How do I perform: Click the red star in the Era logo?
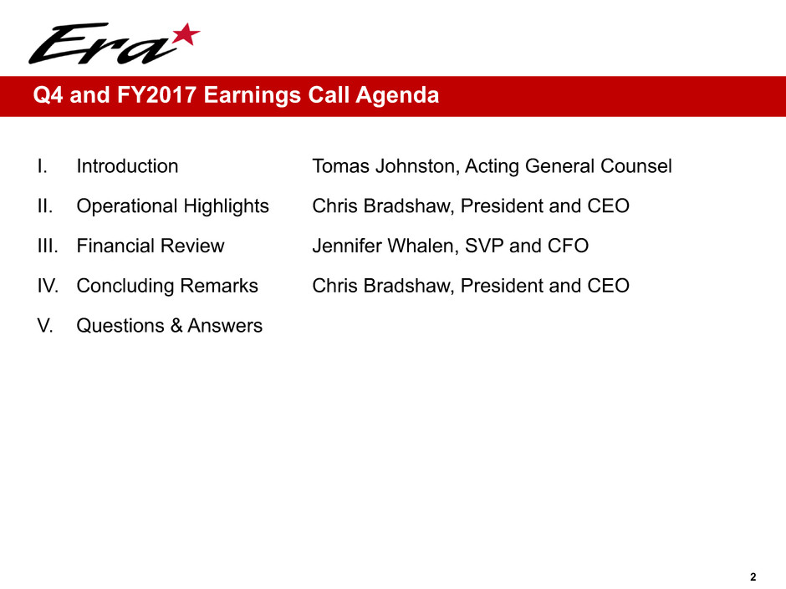(186, 34)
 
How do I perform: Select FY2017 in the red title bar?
(156, 95)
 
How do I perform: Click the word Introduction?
(127, 166)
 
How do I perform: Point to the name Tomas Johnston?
(385, 166)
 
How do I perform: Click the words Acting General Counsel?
(569, 166)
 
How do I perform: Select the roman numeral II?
(44, 206)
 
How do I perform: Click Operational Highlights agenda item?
(172, 206)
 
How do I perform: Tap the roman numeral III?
(48, 246)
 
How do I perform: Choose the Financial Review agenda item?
(151, 246)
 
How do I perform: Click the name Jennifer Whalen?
(384, 246)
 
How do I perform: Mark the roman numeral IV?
(48, 286)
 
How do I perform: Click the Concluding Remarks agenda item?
(167, 286)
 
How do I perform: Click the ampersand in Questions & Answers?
(176, 326)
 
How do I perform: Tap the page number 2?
(753, 577)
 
